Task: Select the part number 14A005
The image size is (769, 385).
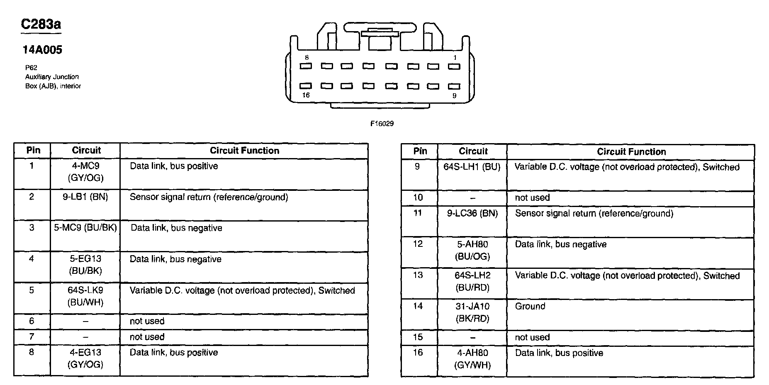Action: [x=42, y=50]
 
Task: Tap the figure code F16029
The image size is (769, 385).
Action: [x=382, y=124]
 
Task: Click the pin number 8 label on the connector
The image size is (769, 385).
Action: [x=307, y=58]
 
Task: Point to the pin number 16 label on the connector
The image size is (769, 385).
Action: [x=306, y=95]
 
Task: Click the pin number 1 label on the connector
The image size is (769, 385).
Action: [x=455, y=58]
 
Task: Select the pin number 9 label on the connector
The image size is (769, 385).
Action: [x=454, y=95]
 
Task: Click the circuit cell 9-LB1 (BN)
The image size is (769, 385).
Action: [x=85, y=197]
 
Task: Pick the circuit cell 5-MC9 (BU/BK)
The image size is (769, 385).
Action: [x=85, y=228]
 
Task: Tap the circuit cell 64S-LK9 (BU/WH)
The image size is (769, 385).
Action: [x=85, y=296]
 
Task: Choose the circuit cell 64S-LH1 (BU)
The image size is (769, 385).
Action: [x=472, y=167]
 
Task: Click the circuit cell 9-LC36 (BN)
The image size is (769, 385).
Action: [x=472, y=213]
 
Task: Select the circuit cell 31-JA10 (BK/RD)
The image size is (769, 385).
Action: [x=472, y=312]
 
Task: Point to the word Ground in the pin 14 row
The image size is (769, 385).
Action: [x=530, y=306]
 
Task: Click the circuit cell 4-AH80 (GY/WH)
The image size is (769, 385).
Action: [x=472, y=359]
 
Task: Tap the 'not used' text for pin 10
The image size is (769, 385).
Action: [x=532, y=198]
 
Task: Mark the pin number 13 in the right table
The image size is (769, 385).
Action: [x=418, y=275]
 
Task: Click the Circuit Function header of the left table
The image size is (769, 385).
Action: [x=244, y=151]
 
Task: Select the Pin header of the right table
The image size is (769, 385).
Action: [x=420, y=151]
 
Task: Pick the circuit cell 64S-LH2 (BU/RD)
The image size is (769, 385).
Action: [x=472, y=281]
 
